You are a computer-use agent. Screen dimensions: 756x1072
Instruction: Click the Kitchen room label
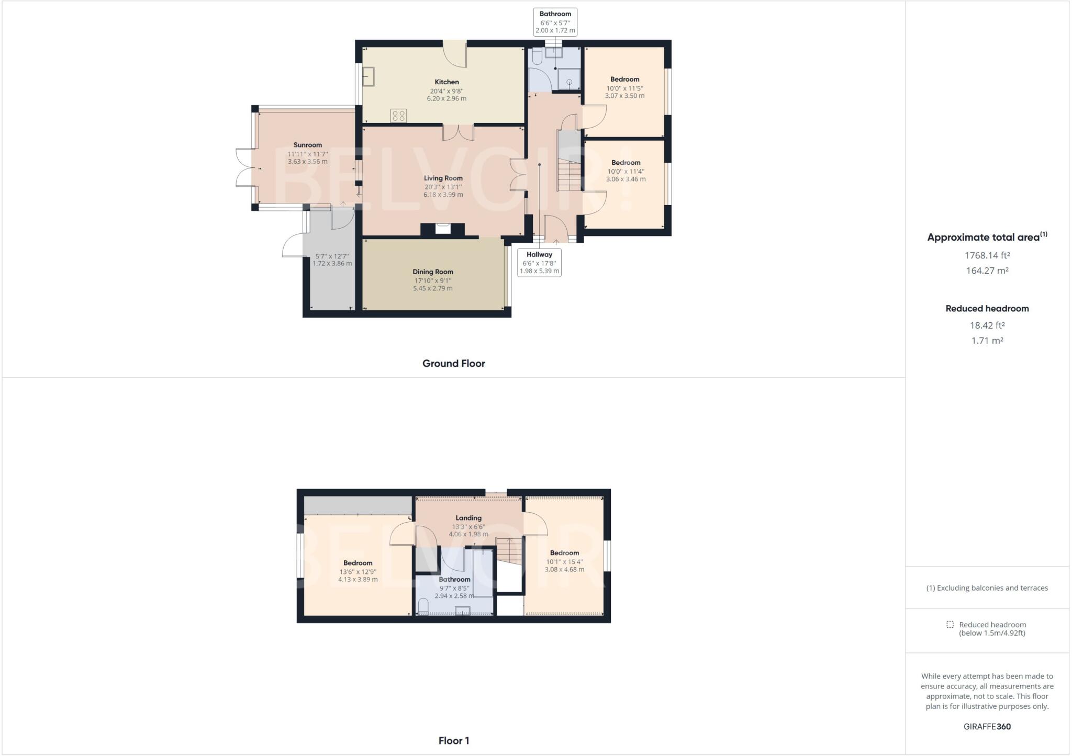(x=446, y=82)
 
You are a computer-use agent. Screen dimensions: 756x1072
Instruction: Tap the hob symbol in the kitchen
(x=398, y=116)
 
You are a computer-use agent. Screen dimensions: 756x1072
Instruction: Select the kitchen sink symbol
(x=368, y=77)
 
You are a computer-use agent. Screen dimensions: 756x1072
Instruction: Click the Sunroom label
(x=307, y=145)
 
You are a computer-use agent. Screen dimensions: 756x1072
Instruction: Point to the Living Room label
(x=443, y=178)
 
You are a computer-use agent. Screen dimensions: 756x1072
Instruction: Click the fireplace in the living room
(x=443, y=229)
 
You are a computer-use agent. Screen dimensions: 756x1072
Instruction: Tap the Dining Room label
(x=432, y=272)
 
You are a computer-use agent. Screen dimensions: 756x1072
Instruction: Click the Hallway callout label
(x=539, y=255)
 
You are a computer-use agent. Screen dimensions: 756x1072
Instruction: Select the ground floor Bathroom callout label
(x=555, y=14)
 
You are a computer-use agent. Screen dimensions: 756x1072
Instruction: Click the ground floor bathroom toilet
(x=537, y=57)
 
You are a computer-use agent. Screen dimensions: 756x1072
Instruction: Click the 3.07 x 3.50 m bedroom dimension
(x=624, y=96)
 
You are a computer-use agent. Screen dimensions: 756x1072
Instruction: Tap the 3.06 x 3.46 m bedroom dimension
(x=626, y=179)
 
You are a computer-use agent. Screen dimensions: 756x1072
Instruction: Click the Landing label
(x=468, y=518)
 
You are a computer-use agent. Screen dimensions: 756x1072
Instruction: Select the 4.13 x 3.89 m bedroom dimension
(x=358, y=579)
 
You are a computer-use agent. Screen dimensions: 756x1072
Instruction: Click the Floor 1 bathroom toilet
(x=423, y=607)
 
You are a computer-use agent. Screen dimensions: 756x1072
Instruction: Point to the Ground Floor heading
(x=453, y=364)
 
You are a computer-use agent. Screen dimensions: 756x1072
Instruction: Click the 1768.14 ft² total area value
(x=987, y=255)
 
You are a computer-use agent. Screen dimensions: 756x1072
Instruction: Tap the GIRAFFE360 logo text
(x=987, y=726)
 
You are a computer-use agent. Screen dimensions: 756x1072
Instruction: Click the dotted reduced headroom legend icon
(x=950, y=624)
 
